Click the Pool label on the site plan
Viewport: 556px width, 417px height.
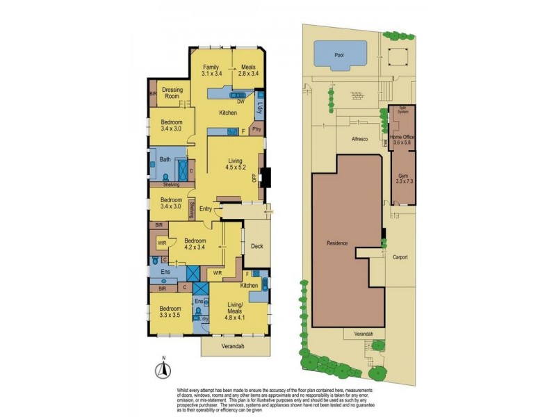point(339,54)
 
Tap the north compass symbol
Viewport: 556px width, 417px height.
point(162,368)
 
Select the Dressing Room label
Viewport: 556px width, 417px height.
point(172,93)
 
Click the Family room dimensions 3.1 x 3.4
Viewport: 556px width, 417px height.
point(211,72)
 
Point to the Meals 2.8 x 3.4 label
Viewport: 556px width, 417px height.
point(248,69)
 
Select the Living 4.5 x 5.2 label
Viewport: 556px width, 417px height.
point(234,164)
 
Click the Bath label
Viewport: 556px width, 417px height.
point(165,159)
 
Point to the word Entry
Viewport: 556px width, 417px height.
point(206,208)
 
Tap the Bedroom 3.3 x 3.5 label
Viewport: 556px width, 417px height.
point(170,311)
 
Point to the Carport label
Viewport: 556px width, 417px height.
point(399,256)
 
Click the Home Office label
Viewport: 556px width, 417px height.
point(402,140)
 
